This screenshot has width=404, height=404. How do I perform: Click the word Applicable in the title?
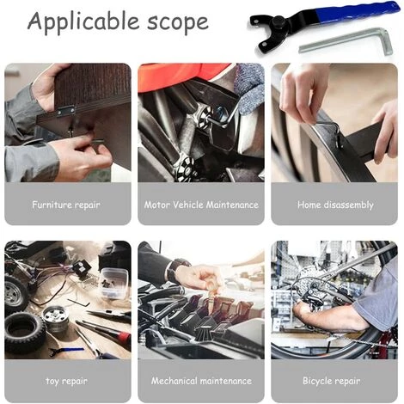[x=84, y=21]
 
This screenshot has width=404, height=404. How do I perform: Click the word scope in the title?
[x=178, y=22]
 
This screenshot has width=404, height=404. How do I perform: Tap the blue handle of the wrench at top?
[x=358, y=12]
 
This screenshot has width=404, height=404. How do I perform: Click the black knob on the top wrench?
[x=279, y=21]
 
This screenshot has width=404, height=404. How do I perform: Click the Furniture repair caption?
[x=66, y=205]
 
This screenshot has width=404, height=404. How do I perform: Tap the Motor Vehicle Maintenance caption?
[x=201, y=205]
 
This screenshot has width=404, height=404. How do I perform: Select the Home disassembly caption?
[x=335, y=205]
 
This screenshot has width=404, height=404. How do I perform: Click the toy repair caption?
[x=66, y=381]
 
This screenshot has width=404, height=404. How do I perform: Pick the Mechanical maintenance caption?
[x=201, y=381]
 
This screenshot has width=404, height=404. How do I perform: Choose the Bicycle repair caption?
[x=332, y=381]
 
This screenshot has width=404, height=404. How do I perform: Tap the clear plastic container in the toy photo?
[x=113, y=284]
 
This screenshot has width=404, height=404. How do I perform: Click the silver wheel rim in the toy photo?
[x=55, y=319]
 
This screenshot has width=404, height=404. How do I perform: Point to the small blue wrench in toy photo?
[x=66, y=351]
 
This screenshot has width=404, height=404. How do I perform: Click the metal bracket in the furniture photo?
[x=66, y=110]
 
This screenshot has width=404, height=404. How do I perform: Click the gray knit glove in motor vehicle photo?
[x=249, y=89]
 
